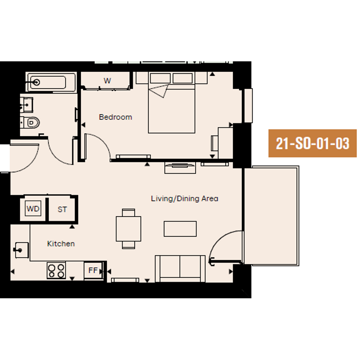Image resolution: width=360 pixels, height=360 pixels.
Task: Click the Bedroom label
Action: [x=115, y=117]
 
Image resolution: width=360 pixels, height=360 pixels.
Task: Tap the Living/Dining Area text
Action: [x=185, y=198]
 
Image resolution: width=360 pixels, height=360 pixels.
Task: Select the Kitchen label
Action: [x=61, y=243]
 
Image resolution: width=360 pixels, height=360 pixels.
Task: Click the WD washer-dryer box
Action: [x=33, y=208]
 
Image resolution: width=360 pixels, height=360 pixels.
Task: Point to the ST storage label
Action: [x=62, y=210]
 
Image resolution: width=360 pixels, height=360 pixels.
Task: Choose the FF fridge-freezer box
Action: [x=93, y=270]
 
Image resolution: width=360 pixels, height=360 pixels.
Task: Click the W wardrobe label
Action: [x=107, y=81]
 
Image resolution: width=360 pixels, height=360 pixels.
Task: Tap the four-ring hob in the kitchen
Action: [x=56, y=270]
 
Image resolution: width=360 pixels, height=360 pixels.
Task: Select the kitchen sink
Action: [x=22, y=250]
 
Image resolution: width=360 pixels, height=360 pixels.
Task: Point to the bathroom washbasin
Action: [x=27, y=105]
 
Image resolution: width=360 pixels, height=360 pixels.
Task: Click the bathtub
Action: [x=51, y=82]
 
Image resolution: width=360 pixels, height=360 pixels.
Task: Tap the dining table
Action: [x=129, y=229]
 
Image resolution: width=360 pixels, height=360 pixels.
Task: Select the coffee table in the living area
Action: [x=180, y=229]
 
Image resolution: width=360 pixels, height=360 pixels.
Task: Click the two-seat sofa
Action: [x=180, y=269]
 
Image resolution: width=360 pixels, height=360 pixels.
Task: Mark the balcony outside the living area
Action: [x=271, y=216]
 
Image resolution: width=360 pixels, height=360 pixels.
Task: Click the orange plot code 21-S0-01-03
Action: [x=312, y=143]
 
